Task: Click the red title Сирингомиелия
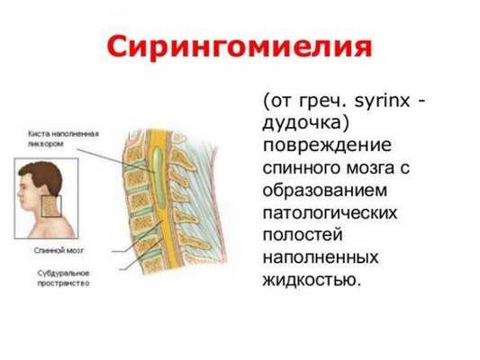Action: tap(240, 45)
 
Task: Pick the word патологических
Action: tap(330, 212)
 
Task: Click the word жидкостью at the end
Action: tap(309, 280)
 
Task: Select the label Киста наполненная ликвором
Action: tap(62, 138)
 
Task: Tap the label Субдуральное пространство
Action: tap(62, 276)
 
